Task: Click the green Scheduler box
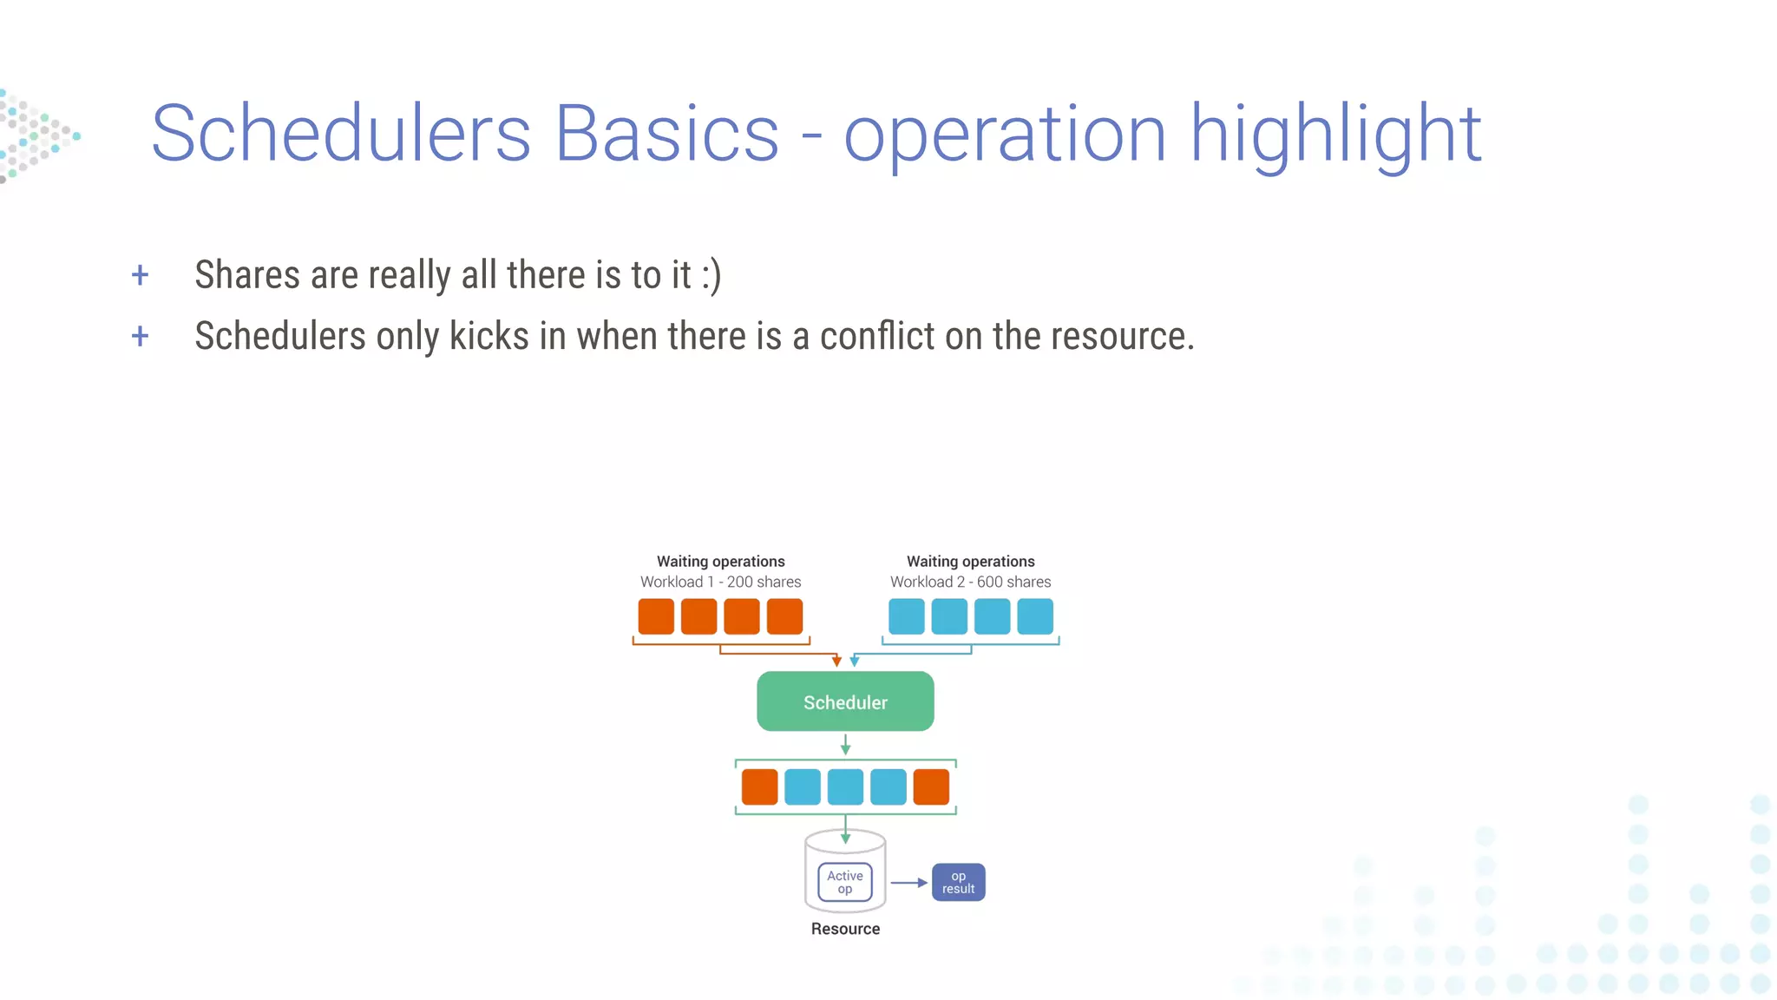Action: (845, 701)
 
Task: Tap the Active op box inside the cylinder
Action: (844, 882)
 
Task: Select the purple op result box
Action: (958, 882)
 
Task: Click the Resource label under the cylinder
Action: (845, 929)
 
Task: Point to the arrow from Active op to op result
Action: (908, 883)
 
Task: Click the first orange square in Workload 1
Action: (656, 616)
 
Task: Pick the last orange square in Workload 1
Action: (784, 616)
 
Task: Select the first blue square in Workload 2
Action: (906, 616)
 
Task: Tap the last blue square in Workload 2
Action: (1034, 616)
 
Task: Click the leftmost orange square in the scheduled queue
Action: (759, 786)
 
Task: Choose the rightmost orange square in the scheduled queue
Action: (931, 786)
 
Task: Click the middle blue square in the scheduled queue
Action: (845, 786)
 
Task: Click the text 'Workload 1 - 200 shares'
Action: (720, 582)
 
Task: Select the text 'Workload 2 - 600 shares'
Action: (970, 582)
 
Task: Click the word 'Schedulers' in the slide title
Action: (340, 134)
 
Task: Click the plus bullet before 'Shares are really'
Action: (140, 276)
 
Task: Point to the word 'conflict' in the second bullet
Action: (877, 336)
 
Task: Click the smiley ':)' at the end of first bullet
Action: (711, 276)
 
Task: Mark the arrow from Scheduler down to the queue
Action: (845, 744)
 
